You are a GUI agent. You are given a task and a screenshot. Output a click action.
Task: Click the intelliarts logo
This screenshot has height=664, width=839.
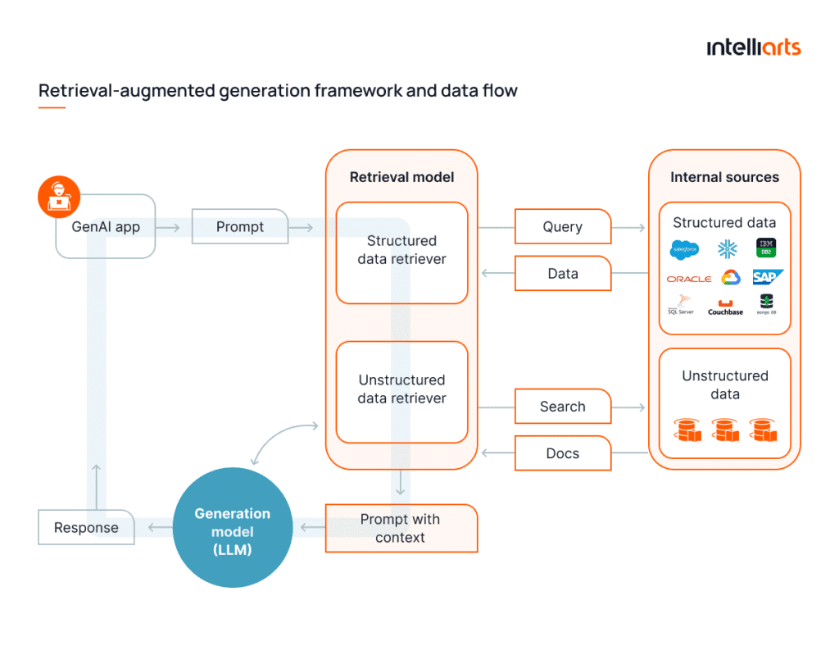coord(753,48)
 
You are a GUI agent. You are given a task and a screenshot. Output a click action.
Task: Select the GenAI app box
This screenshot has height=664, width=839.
coord(106,227)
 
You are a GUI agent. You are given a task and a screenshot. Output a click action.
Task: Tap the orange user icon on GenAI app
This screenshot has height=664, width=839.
coord(59,197)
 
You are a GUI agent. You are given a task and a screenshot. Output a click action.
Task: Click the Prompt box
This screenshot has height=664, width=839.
coord(240,227)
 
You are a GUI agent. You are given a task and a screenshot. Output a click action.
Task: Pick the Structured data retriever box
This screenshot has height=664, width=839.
coord(401,251)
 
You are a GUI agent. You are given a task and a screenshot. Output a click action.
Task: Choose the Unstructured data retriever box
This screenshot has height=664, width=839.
coord(401,390)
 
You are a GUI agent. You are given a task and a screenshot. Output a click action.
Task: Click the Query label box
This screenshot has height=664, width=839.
coord(563,227)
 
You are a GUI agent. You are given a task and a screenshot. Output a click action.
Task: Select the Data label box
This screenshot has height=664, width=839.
coord(563,274)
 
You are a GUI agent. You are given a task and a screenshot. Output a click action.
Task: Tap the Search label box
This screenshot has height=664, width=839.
coord(563,407)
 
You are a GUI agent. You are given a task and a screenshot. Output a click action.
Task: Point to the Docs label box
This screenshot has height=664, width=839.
coord(563,453)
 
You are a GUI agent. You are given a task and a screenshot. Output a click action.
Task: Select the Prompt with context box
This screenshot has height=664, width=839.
coord(401,529)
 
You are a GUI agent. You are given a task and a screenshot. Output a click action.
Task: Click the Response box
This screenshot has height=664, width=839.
coord(86,528)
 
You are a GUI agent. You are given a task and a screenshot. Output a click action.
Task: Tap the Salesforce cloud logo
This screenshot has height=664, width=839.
coord(684,249)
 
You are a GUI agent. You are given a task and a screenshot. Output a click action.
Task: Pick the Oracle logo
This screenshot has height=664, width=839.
coord(688,279)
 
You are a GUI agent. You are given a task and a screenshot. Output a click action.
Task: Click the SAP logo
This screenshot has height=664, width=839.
coord(767,278)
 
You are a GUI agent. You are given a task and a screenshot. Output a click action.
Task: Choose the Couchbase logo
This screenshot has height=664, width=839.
coord(725,307)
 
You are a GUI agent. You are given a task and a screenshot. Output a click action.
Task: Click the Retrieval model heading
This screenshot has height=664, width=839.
coord(401,177)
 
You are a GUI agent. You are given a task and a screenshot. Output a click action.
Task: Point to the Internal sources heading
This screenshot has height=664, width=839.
coord(724,177)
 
